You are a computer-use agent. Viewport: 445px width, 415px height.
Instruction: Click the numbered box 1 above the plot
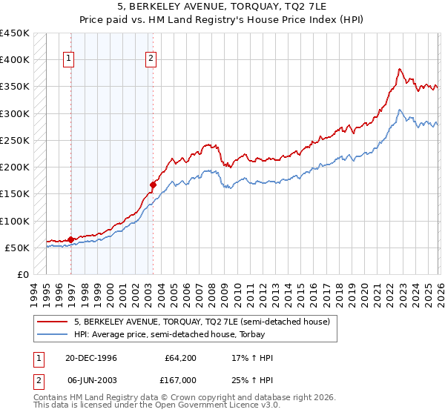point(69,59)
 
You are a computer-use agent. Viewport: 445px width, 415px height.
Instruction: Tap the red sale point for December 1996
point(71,239)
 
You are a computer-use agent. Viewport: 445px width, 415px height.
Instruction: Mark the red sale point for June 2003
point(153,185)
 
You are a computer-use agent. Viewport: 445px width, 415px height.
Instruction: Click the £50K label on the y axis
point(17,248)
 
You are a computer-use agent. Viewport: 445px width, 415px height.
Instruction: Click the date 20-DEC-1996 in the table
point(92,358)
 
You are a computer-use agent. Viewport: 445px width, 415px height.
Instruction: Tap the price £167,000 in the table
point(180,379)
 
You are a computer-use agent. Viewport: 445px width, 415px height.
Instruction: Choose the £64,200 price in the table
point(180,358)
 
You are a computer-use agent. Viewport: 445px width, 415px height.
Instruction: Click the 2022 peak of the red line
point(399,69)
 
